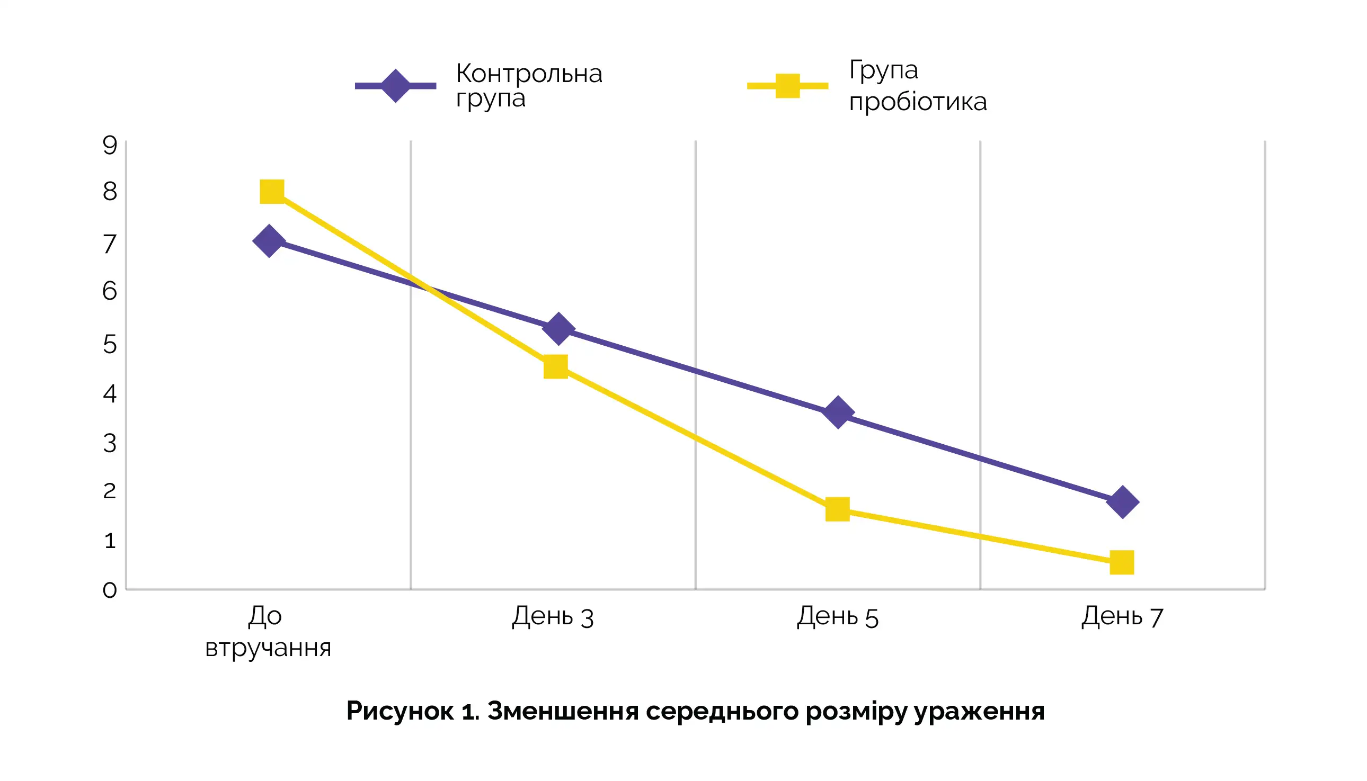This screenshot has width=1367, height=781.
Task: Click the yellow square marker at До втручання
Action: [x=272, y=192]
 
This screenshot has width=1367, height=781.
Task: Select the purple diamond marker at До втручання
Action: [x=269, y=241]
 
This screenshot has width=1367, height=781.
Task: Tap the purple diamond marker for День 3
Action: [x=558, y=328]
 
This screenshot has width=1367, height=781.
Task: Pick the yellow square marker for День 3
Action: [x=555, y=367]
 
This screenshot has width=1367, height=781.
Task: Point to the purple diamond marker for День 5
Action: [x=838, y=412]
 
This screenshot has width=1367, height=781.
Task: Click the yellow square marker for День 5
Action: [x=837, y=509]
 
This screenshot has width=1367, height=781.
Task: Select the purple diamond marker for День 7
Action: [x=1123, y=502]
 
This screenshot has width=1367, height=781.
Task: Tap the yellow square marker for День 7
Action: [x=1122, y=563]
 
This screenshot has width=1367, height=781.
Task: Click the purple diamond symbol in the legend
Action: [x=396, y=86]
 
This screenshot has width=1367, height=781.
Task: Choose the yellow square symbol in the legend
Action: [x=787, y=86]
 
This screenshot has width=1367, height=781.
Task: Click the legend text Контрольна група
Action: [x=529, y=86]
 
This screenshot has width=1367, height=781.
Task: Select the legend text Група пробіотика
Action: [x=917, y=86]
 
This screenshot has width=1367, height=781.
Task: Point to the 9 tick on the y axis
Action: [x=110, y=145]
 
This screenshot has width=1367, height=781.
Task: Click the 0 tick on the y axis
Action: [x=110, y=590]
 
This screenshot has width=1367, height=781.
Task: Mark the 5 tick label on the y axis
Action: [x=110, y=344]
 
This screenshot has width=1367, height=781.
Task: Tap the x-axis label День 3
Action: [x=553, y=616]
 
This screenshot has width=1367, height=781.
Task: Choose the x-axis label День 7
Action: [x=1122, y=616]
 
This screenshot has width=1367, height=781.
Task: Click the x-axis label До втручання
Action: [x=268, y=631]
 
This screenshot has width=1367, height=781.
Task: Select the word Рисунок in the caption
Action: [x=400, y=711]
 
